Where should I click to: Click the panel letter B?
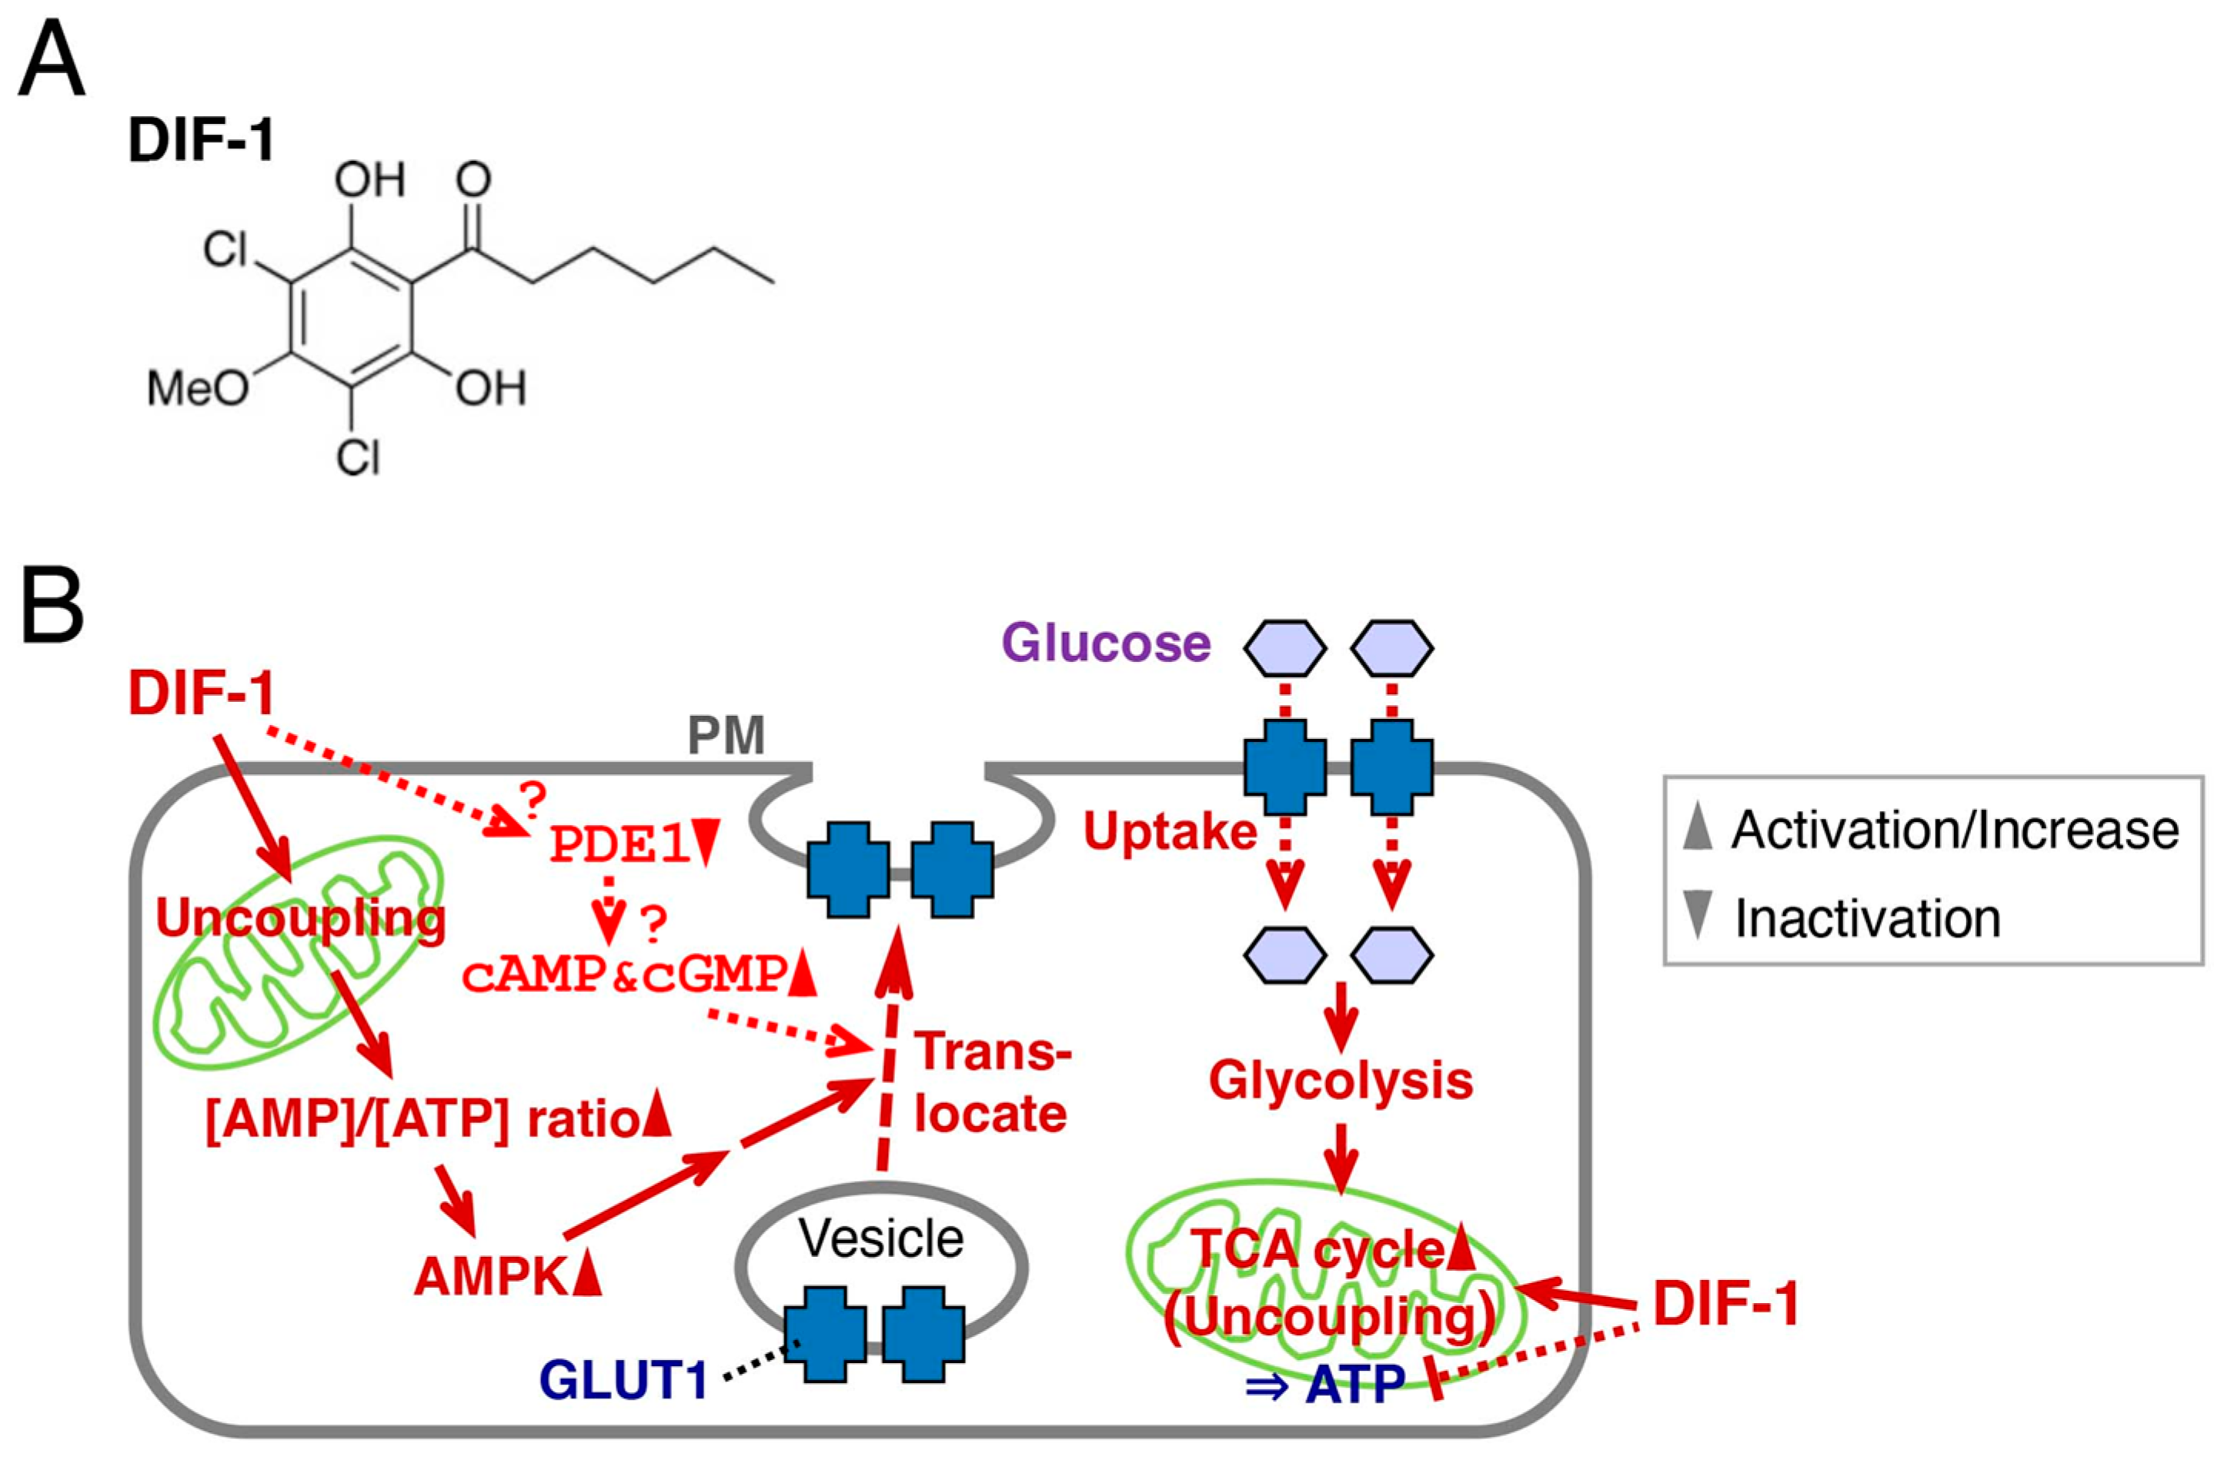52,607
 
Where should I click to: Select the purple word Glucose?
1106,643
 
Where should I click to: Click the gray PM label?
726,735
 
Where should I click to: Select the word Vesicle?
880,1238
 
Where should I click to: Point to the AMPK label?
491,1276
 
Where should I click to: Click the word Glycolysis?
1341,1081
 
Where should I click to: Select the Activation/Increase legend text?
1954,830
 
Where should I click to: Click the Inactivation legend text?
1867,917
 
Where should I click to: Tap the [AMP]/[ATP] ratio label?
421,1120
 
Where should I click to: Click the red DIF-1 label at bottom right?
1726,1305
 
